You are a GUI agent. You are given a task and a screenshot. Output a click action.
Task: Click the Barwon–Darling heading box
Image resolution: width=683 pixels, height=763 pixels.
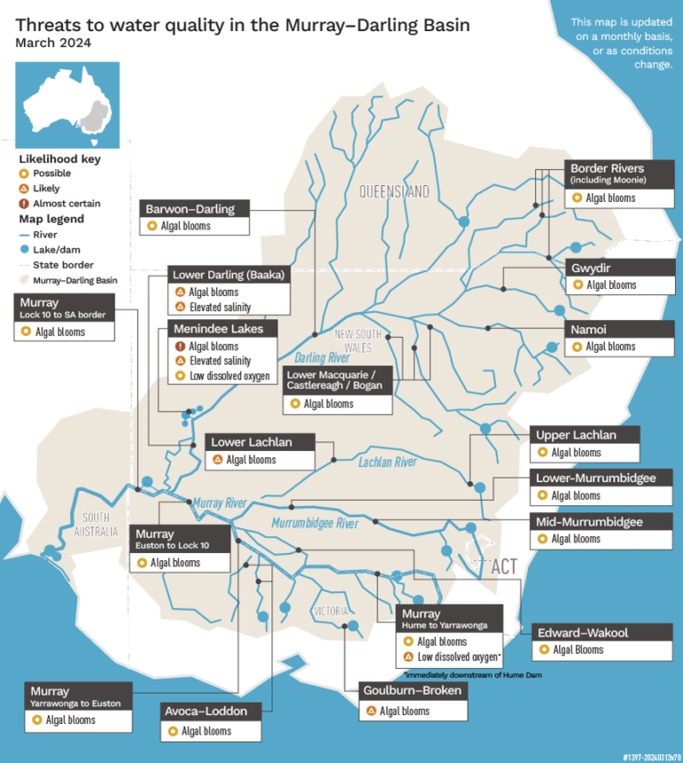click(195, 209)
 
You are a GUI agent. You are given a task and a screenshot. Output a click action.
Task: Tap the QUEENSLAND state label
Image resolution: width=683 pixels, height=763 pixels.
click(394, 191)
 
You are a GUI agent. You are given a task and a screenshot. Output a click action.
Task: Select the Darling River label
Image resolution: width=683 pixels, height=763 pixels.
click(322, 358)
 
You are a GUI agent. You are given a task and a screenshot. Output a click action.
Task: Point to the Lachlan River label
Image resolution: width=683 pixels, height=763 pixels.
click(388, 462)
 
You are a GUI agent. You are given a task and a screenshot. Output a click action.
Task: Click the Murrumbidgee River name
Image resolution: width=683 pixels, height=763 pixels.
click(315, 523)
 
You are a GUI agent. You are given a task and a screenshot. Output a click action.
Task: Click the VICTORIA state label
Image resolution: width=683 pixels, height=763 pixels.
click(330, 611)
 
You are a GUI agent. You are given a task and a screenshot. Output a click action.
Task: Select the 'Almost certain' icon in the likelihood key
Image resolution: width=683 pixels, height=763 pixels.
click(24, 204)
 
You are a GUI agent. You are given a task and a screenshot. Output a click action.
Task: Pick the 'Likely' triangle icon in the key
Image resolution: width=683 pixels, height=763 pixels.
click(24, 189)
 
